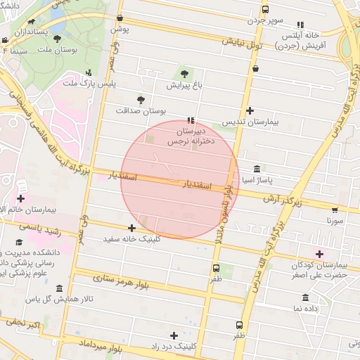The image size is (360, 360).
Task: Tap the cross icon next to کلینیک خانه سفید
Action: (131, 228)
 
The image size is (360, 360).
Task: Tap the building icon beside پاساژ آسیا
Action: (257, 169)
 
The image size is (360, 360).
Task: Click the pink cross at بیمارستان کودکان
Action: (320, 254)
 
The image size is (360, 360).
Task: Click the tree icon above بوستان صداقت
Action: (141, 100)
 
